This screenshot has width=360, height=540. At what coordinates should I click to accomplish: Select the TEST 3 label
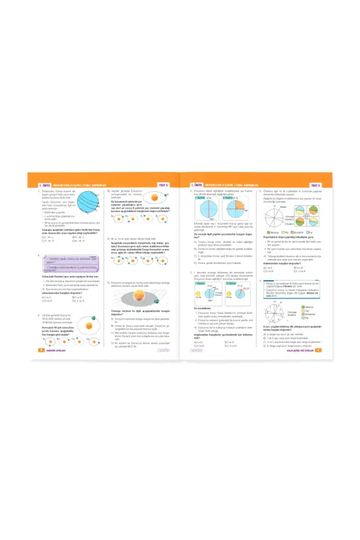(315, 184)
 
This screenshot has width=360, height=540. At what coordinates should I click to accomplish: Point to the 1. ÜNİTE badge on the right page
(197, 184)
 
